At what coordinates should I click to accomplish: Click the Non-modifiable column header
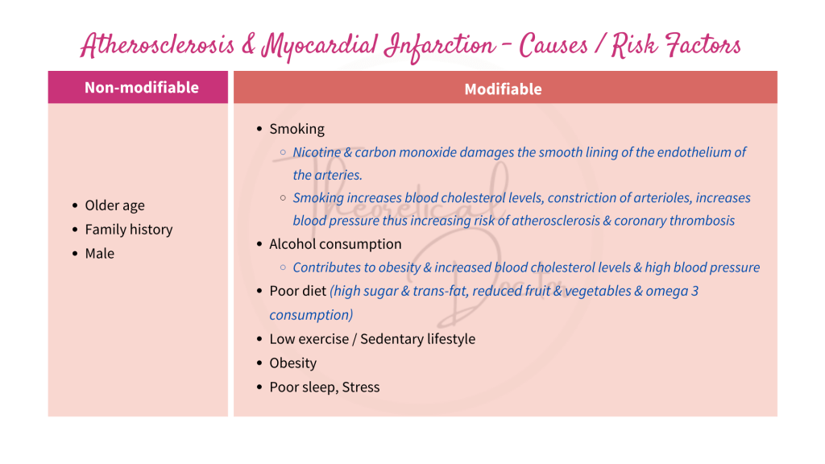click(142, 88)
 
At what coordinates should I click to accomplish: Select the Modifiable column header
click(503, 89)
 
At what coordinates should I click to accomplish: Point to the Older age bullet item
click(114, 205)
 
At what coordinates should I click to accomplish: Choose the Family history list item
click(129, 230)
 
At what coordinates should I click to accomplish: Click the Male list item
click(100, 254)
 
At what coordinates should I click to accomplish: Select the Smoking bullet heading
click(296, 129)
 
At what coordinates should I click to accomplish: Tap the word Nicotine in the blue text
click(317, 152)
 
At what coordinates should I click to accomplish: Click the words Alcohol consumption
click(335, 244)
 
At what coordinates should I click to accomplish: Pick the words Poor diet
click(297, 291)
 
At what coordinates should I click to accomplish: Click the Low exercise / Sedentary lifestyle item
click(372, 339)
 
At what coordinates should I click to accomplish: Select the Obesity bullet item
click(293, 363)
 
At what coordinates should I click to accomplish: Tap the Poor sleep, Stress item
click(324, 387)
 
